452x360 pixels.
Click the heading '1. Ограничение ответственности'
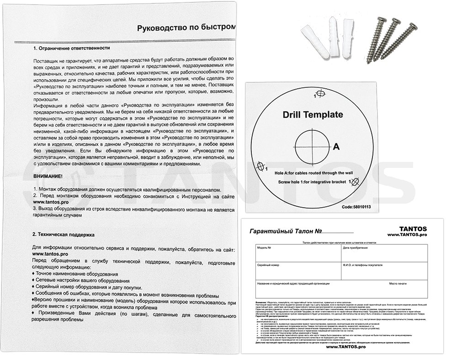[x=71, y=48]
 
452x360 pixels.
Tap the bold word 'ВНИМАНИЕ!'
[x=49, y=176]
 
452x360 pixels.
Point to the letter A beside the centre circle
[x=336, y=147]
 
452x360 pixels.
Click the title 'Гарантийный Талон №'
[x=283, y=232]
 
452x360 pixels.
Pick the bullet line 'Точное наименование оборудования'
[x=75, y=273]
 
